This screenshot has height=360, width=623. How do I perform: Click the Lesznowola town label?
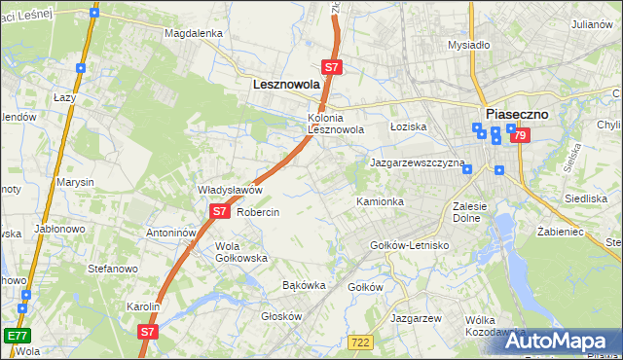(286, 85)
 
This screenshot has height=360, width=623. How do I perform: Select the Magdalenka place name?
(194, 32)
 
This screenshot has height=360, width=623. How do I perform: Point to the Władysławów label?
(230, 190)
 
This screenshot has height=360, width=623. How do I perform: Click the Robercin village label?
(258, 212)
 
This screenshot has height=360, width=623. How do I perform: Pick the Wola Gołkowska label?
(240, 252)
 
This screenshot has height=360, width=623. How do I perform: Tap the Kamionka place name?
(380, 201)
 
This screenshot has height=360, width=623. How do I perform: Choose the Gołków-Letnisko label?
(410, 245)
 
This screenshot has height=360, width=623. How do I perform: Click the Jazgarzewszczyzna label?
(418, 163)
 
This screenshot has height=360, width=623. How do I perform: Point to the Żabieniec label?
(560, 233)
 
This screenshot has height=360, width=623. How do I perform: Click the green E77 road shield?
(16, 336)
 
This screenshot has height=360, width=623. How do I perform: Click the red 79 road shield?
(520, 136)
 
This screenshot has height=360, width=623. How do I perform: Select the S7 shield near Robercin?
(219, 211)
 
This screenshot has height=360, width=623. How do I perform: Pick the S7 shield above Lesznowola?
(332, 67)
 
